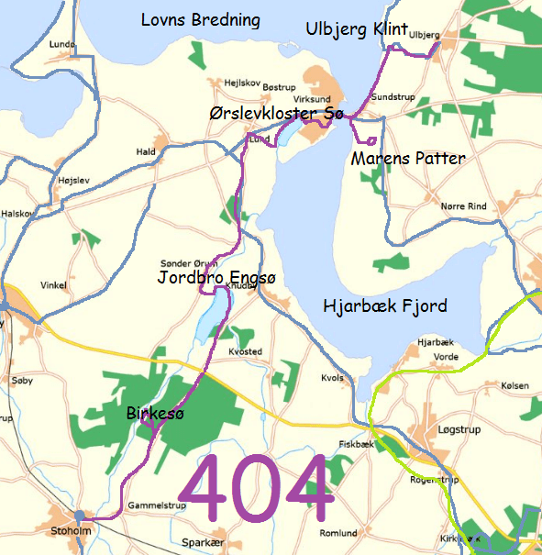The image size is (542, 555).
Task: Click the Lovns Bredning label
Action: pyautogui.click(x=200, y=19)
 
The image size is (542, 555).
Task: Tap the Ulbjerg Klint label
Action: pyautogui.click(x=356, y=30)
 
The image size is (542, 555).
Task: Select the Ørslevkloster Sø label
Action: pyautogui.click(x=275, y=114)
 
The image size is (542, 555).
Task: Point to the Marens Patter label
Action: pyautogui.click(x=408, y=159)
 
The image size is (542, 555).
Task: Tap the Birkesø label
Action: pyautogui.click(x=155, y=415)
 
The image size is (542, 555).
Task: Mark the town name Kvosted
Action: pyautogui.click(x=245, y=351)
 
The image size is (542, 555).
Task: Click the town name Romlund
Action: pyautogui.click(x=337, y=533)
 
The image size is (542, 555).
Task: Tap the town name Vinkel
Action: pyautogui.click(x=52, y=285)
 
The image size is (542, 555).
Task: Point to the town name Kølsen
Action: pyautogui.click(x=515, y=386)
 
